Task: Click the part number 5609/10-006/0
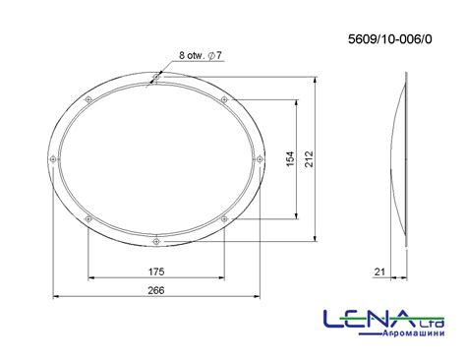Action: tap(389, 39)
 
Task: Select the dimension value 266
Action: tap(156, 290)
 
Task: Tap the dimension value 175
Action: tap(156, 271)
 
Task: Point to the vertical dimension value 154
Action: tap(290, 159)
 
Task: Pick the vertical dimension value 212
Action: tap(309, 159)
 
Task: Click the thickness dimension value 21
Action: tap(379, 271)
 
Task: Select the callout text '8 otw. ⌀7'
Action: tap(201, 55)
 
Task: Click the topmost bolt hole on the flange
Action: tap(156, 78)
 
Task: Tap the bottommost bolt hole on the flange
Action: tap(156, 242)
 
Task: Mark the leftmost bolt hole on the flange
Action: tap(53, 159)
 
